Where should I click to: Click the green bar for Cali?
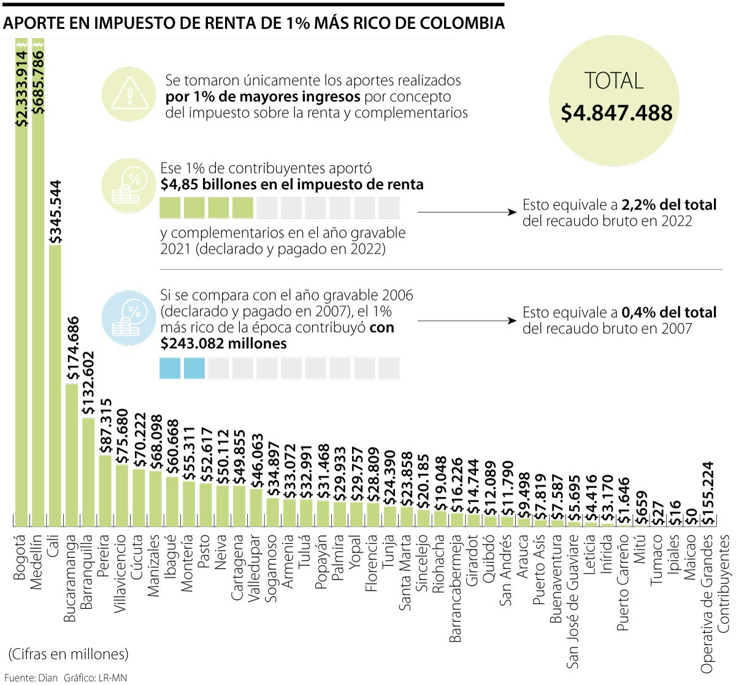point(55,385)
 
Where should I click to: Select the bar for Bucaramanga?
point(72,455)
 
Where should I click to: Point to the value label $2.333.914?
point(22,89)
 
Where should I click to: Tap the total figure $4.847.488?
point(616,113)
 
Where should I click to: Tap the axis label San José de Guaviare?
point(573,601)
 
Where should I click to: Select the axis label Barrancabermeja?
point(456,588)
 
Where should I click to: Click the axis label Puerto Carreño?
point(623,582)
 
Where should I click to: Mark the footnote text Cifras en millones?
point(69,654)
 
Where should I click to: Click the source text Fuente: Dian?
point(29,678)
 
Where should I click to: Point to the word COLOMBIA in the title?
point(462,23)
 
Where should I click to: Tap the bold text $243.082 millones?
point(223,343)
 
